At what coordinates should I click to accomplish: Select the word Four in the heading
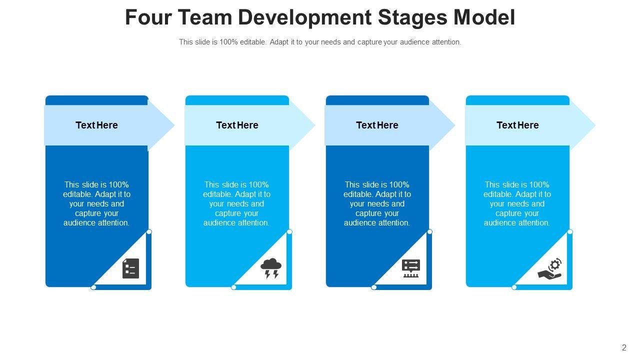(147, 17)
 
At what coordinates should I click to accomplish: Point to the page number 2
(624, 348)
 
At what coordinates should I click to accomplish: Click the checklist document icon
(130, 268)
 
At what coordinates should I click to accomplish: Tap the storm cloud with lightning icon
(271, 268)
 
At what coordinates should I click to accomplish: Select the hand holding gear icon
(550, 268)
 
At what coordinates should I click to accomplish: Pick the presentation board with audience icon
(411, 268)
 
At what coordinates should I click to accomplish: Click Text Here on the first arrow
(96, 125)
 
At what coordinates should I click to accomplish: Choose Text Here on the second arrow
(237, 125)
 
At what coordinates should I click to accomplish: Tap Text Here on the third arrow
(377, 125)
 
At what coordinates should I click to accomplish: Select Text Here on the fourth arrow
(517, 125)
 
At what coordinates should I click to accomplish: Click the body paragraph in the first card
(96, 203)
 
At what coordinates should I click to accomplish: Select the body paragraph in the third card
(377, 203)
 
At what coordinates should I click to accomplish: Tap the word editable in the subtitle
(253, 42)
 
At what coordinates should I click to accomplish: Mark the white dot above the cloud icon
(289, 232)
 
